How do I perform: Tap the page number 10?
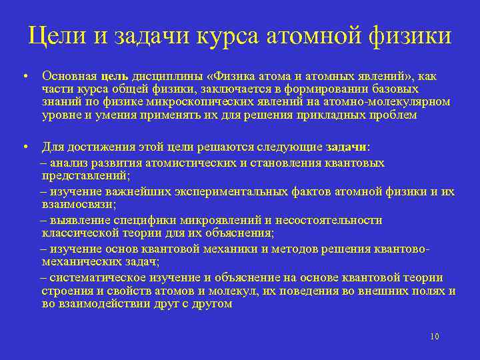point(434,337)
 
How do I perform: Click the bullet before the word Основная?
point(23,76)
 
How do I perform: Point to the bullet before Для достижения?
point(23,147)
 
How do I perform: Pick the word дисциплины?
point(162,76)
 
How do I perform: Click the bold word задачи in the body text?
point(347,147)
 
